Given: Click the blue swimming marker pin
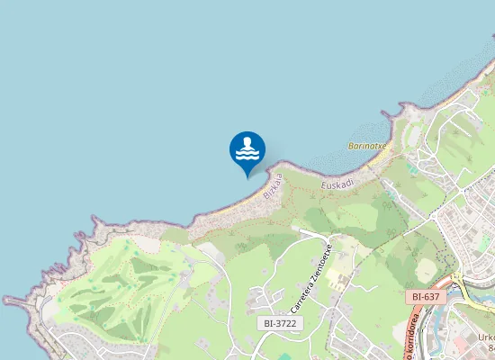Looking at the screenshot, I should click(247, 149).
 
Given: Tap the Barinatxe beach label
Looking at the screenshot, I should click(367, 145).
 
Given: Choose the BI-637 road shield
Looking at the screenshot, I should click(425, 296).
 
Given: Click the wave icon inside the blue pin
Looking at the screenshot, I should click(247, 153).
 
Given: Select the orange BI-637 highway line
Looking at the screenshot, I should click(416, 328).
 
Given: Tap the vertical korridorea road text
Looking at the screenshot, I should click(410, 342).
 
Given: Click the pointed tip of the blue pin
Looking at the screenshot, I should click(247, 177).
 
